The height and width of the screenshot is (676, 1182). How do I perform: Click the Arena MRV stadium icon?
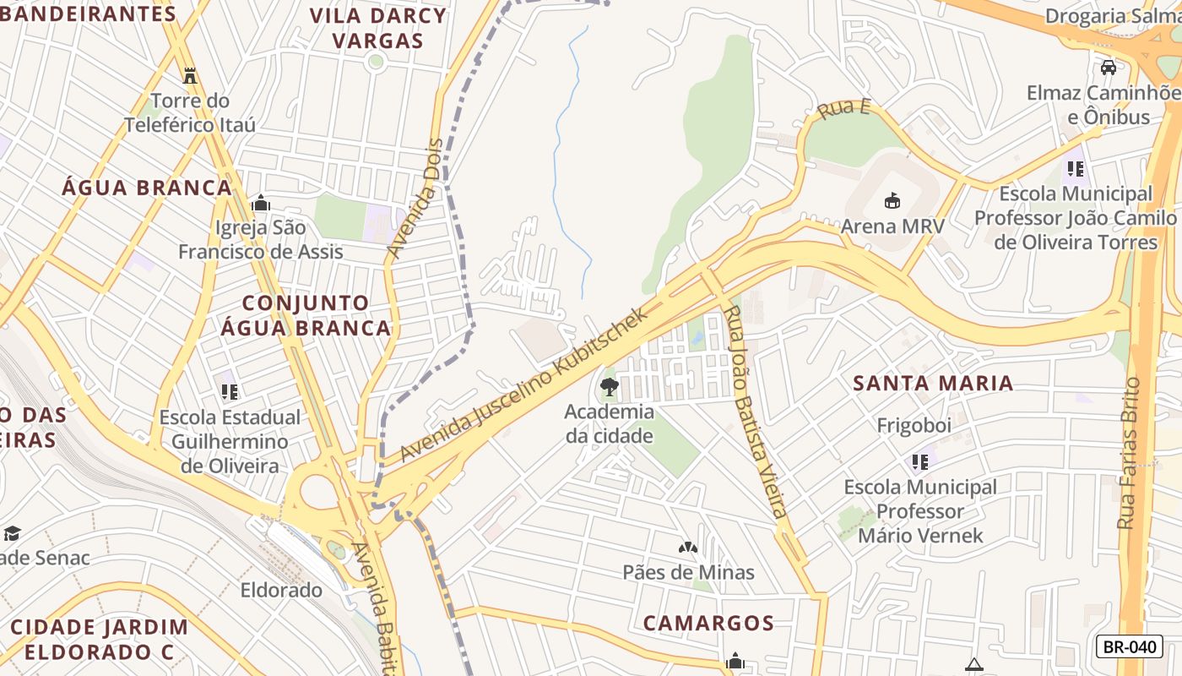pyautogui.click(x=892, y=200)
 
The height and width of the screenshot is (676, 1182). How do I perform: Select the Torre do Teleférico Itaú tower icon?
pyautogui.click(x=190, y=75)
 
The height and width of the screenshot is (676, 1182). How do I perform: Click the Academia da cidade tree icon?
pyautogui.click(x=608, y=388)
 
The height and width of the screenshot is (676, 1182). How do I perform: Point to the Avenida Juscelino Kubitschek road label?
pyautogui.click(x=523, y=384)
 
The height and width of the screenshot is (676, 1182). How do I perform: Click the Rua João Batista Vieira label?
pyautogui.click(x=756, y=412)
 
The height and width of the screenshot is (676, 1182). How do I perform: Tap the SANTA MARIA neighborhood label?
pyautogui.click(x=932, y=383)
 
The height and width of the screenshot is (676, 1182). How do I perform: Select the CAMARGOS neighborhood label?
pyautogui.click(x=708, y=623)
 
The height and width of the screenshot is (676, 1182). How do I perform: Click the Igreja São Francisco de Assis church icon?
pyautogui.click(x=261, y=203)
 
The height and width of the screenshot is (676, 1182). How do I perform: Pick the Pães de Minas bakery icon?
pyautogui.click(x=688, y=548)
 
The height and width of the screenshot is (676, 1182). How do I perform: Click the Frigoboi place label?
pyautogui.click(x=914, y=425)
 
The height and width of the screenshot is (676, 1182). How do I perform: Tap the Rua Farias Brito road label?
pyautogui.click(x=1129, y=454)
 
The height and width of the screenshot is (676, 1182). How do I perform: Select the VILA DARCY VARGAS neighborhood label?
pyautogui.click(x=377, y=28)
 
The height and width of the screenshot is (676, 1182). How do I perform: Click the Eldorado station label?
pyautogui.click(x=281, y=590)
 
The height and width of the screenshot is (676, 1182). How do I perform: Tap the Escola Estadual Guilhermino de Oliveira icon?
pyautogui.click(x=230, y=392)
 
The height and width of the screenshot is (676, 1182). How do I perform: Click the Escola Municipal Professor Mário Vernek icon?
pyautogui.click(x=919, y=462)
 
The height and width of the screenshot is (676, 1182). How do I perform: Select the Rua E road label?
pyautogui.click(x=843, y=108)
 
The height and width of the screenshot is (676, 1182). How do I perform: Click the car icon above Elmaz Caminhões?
pyautogui.click(x=1109, y=68)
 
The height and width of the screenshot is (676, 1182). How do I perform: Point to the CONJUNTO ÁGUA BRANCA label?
pyautogui.click(x=306, y=315)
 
